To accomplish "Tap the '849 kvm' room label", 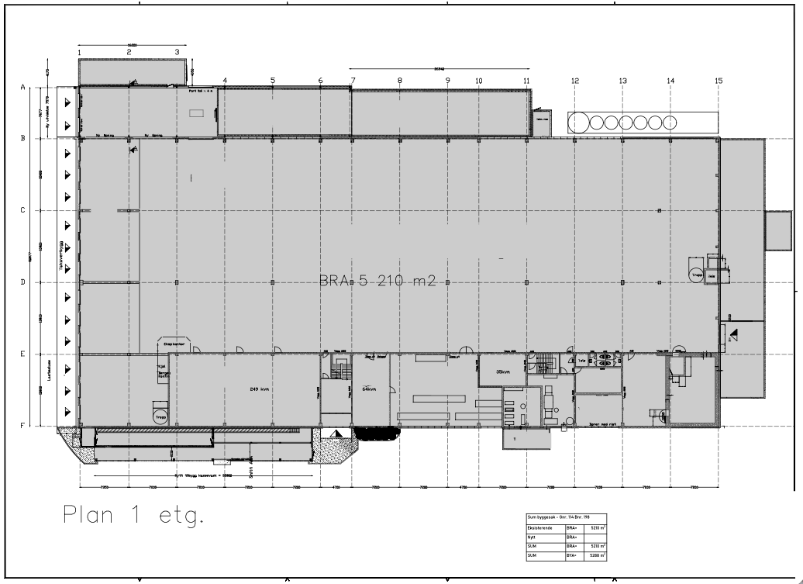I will (259, 389).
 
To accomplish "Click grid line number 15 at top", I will (719, 81).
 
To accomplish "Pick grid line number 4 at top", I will (225, 81).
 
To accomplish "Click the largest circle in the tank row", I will (578, 123).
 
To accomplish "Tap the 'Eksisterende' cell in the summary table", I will (539, 527).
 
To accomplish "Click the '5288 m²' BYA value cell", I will (597, 555).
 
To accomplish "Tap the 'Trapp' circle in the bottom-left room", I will (160, 415).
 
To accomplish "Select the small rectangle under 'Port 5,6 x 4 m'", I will (197, 113).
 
